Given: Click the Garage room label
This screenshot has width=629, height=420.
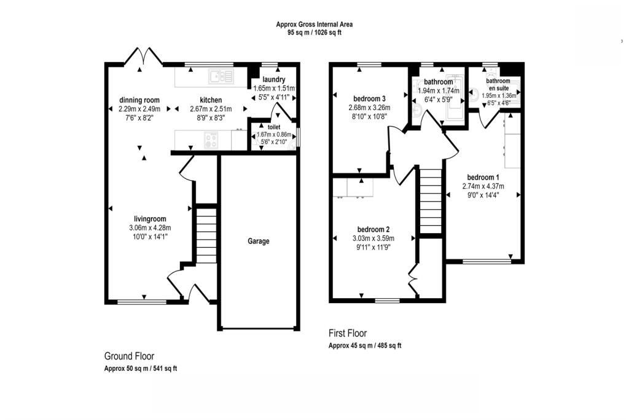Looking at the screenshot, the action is (x=259, y=242).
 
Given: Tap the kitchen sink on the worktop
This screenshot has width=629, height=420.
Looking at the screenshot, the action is (x=221, y=77).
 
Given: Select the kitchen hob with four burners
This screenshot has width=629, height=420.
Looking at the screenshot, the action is (x=211, y=140).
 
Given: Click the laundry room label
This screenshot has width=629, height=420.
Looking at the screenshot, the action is (x=273, y=80).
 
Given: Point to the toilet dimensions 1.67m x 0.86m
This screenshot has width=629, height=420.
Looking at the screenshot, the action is (x=274, y=134).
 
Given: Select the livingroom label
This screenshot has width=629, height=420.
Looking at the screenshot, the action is (x=150, y=219).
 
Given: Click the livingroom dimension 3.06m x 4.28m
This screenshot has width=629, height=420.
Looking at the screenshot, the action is (x=150, y=228).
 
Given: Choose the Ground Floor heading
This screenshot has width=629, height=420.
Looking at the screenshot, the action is (x=129, y=356).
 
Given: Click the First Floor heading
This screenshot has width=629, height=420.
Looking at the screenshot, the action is (x=348, y=333).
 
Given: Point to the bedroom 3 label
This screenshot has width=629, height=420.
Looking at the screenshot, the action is (x=370, y=99).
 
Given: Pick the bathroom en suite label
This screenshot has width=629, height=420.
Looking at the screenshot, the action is (x=498, y=84).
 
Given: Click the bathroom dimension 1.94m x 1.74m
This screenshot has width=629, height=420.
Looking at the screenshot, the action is (x=437, y=90).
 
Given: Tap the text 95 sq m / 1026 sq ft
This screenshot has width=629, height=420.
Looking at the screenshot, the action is (x=314, y=33).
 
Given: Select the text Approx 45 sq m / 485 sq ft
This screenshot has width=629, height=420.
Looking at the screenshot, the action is (x=365, y=346).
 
